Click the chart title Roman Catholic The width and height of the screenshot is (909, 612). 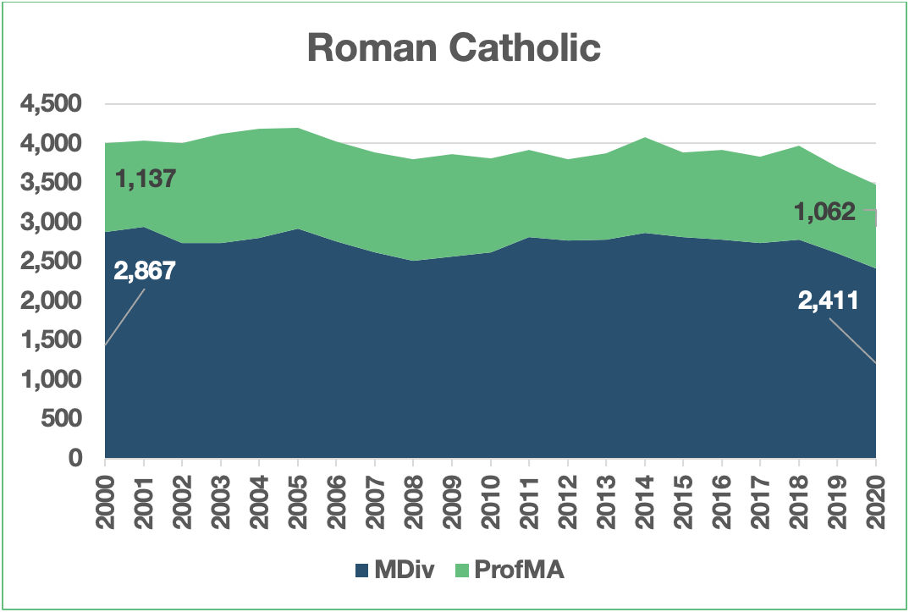(454, 48)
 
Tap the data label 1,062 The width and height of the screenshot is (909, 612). (825, 212)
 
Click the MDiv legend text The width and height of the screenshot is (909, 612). (405, 570)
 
